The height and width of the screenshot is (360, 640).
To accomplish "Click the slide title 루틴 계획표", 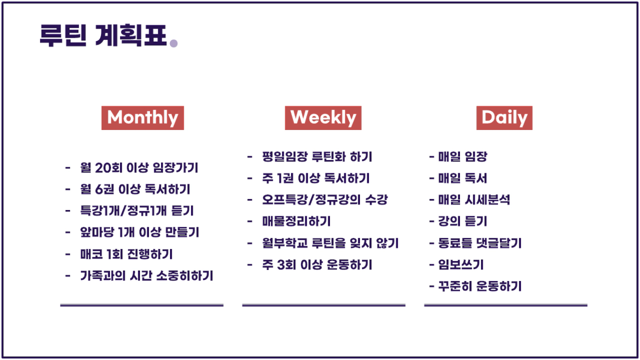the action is tap(103, 35).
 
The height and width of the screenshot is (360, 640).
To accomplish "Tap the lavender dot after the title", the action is tap(174, 43).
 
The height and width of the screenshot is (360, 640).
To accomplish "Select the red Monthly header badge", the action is tap(143, 118).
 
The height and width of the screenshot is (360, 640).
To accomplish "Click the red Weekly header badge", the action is tap(323, 118).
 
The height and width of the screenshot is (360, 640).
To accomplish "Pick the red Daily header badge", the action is tap(504, 118).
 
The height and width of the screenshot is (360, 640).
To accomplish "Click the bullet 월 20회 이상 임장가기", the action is tap(139, 168).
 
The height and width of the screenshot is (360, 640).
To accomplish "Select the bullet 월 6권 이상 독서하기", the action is tap(135, 189).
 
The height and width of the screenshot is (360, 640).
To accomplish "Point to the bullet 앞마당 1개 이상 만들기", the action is tap(139, 232).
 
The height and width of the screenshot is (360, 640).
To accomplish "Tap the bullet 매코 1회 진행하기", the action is tap(126, 254).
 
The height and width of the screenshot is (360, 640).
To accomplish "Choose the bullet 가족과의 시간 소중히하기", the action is tap(146, 276).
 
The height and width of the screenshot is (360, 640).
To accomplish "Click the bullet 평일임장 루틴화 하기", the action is tap(317, 156).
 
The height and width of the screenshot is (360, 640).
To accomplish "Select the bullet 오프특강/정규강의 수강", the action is tap(325, 199).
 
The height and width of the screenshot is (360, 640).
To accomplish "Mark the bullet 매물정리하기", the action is tap(296, 222).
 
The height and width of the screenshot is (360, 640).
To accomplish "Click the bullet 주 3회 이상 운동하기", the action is tap(317, 265).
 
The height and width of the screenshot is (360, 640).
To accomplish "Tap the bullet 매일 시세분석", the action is tap(474, 199).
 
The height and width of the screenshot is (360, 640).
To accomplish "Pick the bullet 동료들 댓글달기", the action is tap(480, 243).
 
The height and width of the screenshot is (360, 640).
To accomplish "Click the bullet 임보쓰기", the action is tap(461, 265).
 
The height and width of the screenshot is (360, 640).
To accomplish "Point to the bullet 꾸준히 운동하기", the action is tap(480, 286).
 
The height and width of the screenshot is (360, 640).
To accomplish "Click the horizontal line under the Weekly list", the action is tap(324, 305).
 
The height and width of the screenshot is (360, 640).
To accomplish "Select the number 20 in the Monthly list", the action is tap(102, 168).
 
